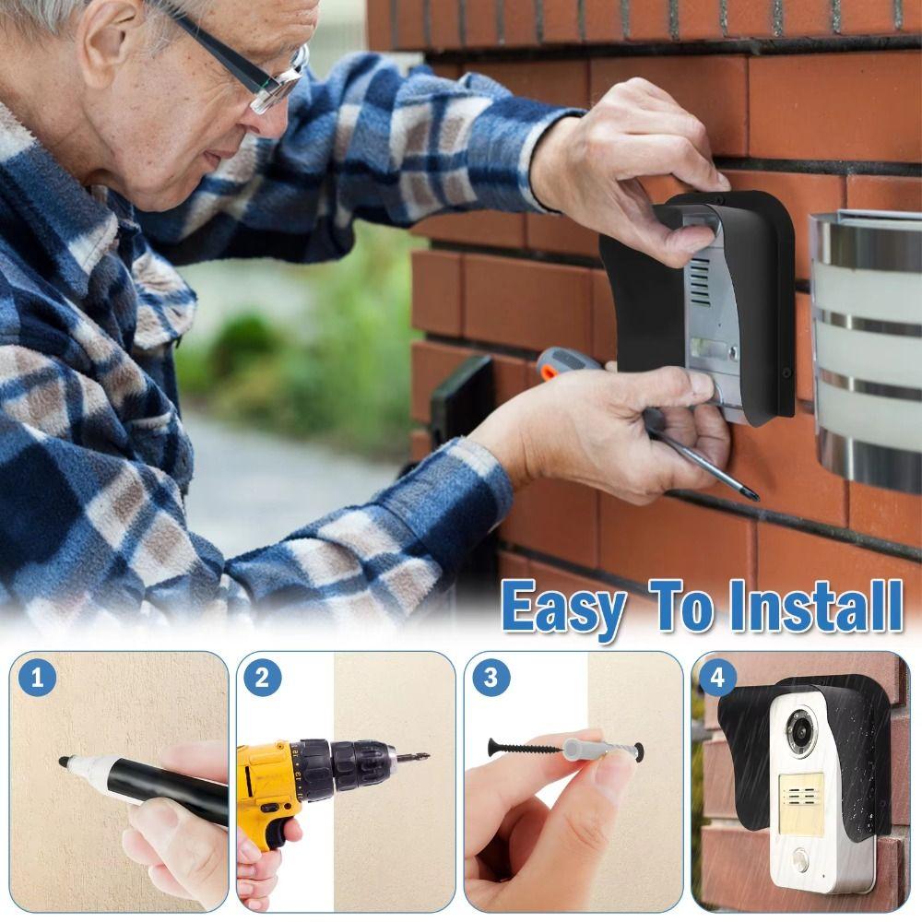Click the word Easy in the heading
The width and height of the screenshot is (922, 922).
tap(563, 608)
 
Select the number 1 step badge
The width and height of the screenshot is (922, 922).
tap(38, 680)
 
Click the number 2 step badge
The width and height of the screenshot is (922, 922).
tap(263, 680)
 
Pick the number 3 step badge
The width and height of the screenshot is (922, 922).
tap(491, 680)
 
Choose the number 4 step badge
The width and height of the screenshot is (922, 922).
tap(717, 680)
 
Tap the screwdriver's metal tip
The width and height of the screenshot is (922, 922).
tap(751, 495)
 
